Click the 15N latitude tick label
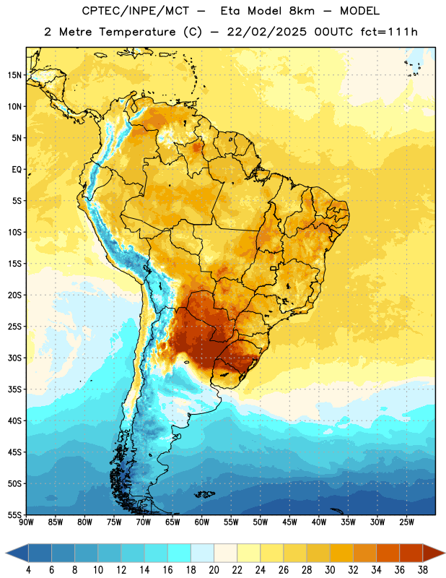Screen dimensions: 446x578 coord(14,75)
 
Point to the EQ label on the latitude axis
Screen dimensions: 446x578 coord(17,170)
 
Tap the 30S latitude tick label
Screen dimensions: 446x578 coord(14,358)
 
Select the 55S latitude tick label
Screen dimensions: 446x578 coord(14,514)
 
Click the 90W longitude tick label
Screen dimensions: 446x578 coord(27,522)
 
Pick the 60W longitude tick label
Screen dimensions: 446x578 coord(202,522)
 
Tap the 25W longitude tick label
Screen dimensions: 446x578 coord(406,522)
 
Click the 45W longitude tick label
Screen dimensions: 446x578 coord(290,522)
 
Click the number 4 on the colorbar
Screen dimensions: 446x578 coord(28,570)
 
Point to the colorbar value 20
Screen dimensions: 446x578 coord(214,570)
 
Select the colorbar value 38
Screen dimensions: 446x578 coord(423,570)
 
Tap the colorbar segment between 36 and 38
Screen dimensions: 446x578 coord(411,553)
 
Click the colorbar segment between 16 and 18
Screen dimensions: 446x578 coord(180,553)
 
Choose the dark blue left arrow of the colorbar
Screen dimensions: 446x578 coord(17,553)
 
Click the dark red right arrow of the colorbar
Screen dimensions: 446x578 coord(434,553)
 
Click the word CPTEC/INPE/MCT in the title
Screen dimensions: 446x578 coord(135,11)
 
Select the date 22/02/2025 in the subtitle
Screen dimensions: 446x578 coord(266,32)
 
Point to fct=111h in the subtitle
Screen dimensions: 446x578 coord(389,32)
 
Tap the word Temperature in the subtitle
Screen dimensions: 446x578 coord(137,32)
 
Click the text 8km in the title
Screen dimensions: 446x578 coord(302,11)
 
